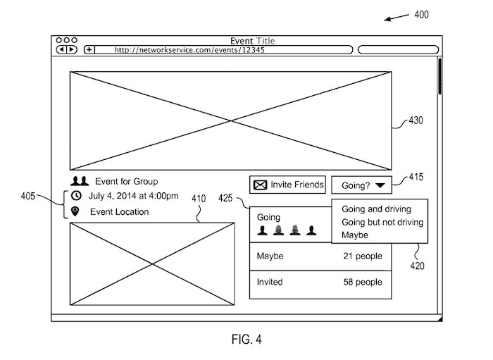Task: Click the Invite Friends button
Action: point(288,185)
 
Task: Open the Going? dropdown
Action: point(362,185)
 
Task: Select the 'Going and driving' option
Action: point(375,209)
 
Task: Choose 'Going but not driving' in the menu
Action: point(382,222)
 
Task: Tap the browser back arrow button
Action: point(61,50)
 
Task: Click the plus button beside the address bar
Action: point(89,50)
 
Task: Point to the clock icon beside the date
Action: point(76,196)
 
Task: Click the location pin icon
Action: point(76,211)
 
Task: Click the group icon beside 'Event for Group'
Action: point(80,181)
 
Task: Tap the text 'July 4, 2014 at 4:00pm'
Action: point(133,196)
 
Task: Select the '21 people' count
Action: point(361,255)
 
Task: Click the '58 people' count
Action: point(361,282)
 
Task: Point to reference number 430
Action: point(416,120)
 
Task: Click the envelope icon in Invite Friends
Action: point(261,185)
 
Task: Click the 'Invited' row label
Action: point(270,282)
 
